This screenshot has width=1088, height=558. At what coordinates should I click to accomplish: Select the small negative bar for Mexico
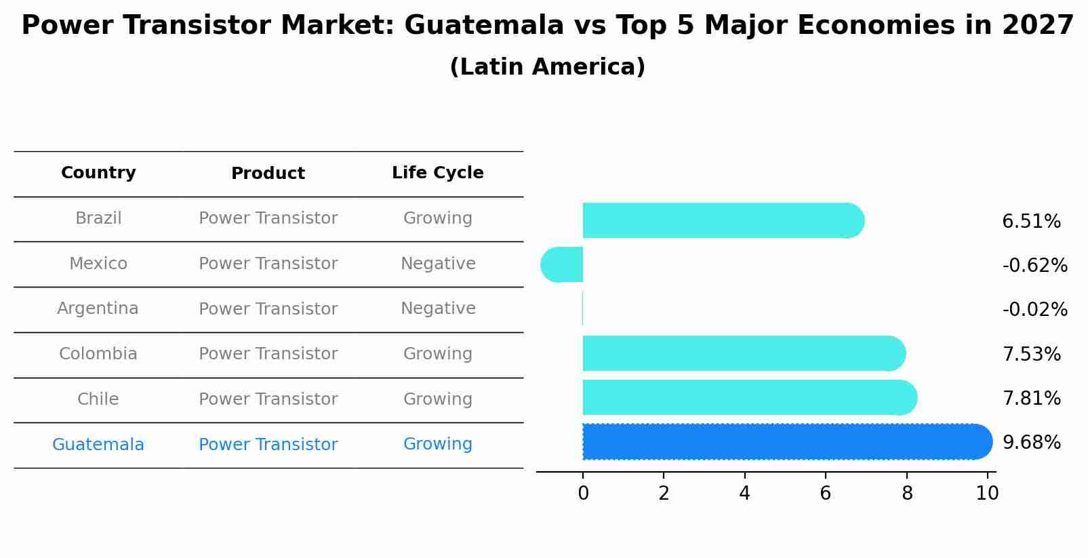tap(562, 264)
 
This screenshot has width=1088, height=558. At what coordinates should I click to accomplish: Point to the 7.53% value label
tap(1031, 354)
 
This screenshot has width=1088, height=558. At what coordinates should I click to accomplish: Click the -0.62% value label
tap(1034, 265)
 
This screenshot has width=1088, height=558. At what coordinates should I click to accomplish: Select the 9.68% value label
tap(1031, 442)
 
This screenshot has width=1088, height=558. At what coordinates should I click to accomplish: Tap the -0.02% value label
tap(1034, 309)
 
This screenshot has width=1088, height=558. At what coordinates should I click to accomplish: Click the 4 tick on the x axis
tap(744, 494)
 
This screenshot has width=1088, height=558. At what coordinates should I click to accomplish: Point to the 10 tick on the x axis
tap(987, 494)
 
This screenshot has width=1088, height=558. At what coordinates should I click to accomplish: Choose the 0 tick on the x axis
tap(583, 494)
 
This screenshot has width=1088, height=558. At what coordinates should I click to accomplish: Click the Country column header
tap(98, 173)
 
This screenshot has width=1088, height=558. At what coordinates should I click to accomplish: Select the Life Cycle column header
tap(437, 173)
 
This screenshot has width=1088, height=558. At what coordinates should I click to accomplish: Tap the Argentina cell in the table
tap(98, 308)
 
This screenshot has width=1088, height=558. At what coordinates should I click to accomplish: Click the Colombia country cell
tap(98, 354)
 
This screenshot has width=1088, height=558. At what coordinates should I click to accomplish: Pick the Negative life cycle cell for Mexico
tap(437, 264)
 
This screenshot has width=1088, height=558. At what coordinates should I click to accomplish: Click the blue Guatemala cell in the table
tap(98, 445)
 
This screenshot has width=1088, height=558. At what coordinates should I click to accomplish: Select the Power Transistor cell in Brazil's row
tap(268, 218)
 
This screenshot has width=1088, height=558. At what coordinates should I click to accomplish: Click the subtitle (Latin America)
tap(547, 67)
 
